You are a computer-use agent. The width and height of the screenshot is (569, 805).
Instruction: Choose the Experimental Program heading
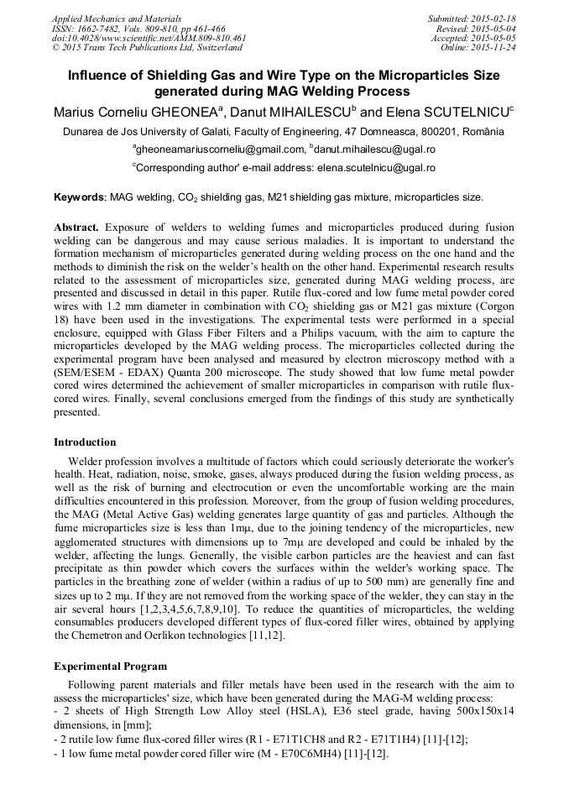pyautogui.click(x=110, y=666)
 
